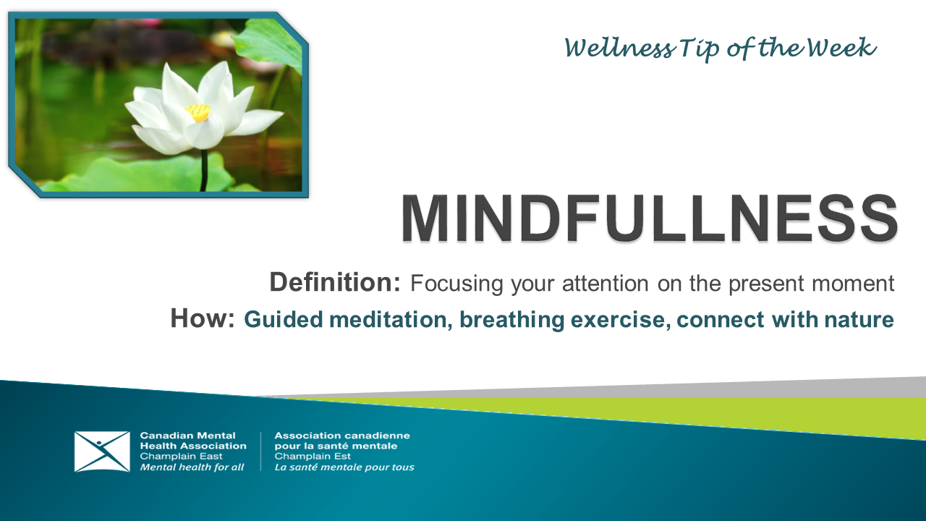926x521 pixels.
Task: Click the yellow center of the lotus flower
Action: pyautogui.click(x=197, y=112)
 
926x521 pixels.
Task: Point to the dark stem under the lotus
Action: pyautogui.click(x=204, y=170)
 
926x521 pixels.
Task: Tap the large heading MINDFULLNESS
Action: pyautogui.click(x=649, y=219)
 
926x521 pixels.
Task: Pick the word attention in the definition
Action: pyautogui.click(x=598, y=284)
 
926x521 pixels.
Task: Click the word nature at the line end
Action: pyautogui.click(x=858, y=320)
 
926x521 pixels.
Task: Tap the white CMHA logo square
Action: pyautogui.click(x=102, y=452)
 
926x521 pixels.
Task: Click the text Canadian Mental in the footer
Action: pyautogui.click(x=187, y=436)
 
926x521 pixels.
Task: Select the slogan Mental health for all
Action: pyautogui.click(x=192, y=467)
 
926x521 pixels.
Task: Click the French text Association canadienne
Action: pyautogui.click(x=342, y=436)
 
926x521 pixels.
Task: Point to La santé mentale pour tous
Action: pyautogui.click(x=344, y=467)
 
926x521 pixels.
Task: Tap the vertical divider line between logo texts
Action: pyautogui.click(x=260, y=452)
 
